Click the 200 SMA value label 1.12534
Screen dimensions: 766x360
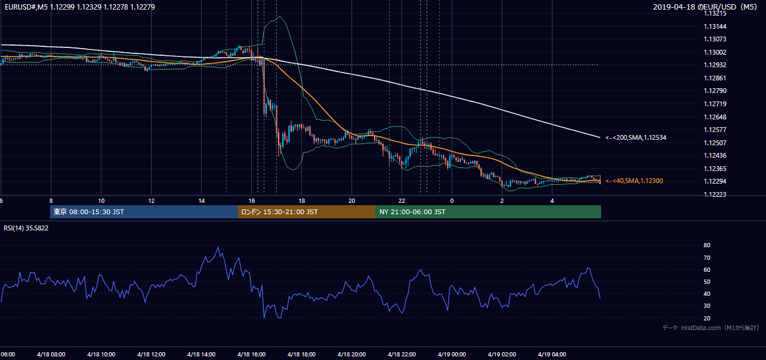pyautogui.click(x=636, y=137)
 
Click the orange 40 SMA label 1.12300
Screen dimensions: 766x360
pyautogui.click(x=634, y=181)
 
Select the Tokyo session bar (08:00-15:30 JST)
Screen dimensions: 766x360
pyautogui.click(x=144, y=212)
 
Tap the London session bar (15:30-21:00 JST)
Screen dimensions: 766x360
pyautogui.click(x=307, y=212)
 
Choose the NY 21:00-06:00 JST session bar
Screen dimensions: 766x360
pyautogui.click(x=488, y=212)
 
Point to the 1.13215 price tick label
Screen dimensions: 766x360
pyautogui.click(x=715, y=14)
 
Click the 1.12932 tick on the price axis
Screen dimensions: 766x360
pyautogui.click(x=715, y=65)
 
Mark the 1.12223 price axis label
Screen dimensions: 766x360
pyautogui.click(x=715, y=194)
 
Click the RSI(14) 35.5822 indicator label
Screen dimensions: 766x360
pyautogui.click(x=26, y=228)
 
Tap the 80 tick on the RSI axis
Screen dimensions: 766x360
pyautogui.click(x=707, y=245)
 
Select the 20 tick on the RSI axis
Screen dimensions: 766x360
pyautogui.click(x=707, y=318)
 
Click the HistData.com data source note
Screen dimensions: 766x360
pyautogui.click(x=711, y=328)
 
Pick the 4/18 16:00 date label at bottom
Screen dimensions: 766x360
pyautogui.click(x=252, y=355)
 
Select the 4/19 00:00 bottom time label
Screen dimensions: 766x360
pyautogui.click(x=452, y=355)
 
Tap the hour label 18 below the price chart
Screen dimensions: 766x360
pyautogui.click(x=301, y=201)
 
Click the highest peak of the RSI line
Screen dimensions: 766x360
pyautogui.click(x=218, y=247)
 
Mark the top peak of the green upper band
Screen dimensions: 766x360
pyautogui.click(x=280, y=16)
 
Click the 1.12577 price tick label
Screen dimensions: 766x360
pyautogui.click(x=715, y=130)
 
